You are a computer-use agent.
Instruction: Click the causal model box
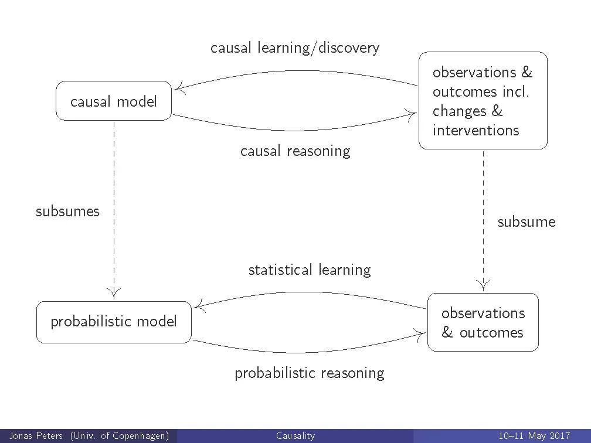(114, 101)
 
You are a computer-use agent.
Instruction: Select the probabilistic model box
(114, 322)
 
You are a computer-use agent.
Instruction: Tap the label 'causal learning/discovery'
(295, 48)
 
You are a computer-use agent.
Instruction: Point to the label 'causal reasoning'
(295, 151)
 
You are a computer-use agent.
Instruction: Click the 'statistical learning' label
(310, 270)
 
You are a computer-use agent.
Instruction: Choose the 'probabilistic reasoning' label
(310, 373)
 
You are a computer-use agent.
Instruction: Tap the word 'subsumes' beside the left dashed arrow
(67, 212)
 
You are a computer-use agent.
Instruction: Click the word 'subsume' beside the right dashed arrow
(526, 222)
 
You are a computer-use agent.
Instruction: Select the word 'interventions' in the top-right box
(475, 130)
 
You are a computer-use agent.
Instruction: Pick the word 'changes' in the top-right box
(460, 111)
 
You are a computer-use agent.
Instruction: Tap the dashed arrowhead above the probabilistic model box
(114, 291)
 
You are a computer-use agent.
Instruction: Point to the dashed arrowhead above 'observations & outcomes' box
(483, 285)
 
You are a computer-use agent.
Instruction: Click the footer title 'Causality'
(295, 436)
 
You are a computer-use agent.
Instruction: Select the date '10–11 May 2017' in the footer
(534, 436)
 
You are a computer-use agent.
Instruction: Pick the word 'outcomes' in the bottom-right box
(491, 333)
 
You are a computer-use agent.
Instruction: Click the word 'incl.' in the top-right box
(515, 92)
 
